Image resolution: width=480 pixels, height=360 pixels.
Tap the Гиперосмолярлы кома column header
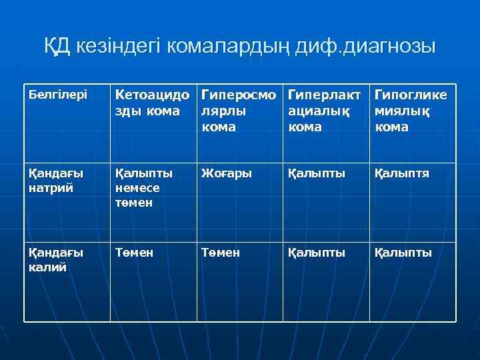239,110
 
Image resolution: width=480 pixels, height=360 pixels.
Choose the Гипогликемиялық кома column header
411,110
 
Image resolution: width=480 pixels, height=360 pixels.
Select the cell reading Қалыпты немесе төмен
144,187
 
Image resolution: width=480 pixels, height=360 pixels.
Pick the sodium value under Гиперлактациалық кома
317,173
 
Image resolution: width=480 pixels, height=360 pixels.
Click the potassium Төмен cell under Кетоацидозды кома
134,253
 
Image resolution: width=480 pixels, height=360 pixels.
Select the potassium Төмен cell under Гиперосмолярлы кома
220,253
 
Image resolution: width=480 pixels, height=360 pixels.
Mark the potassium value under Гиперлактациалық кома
317,253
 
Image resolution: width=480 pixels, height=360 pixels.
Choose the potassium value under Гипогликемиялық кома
403,253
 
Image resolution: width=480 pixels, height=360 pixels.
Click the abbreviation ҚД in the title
59,47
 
